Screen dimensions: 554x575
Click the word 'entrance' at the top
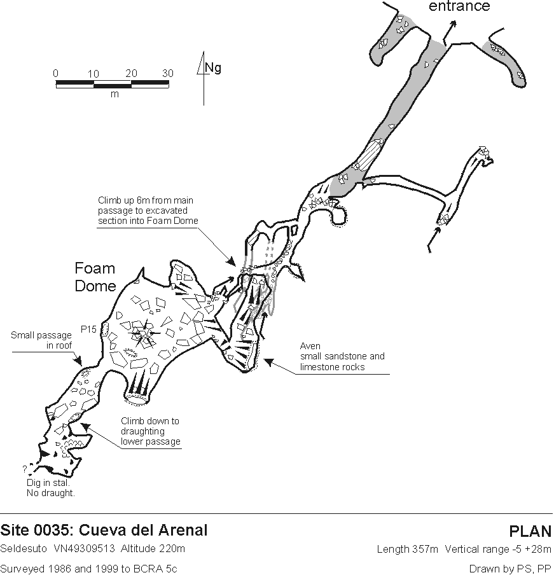[x=459, y=6]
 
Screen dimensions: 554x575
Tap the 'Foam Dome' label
[x=95, y=277]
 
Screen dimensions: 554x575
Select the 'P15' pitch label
[x=88, y=329]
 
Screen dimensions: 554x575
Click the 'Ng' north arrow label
[x=213, y=67]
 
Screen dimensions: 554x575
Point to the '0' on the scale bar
[x=55, y=73]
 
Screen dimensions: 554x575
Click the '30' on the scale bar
[x=167, y=73]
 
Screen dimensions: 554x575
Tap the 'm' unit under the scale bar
[x=114, y=94]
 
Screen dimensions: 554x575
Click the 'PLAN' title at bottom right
[x=530, y=531]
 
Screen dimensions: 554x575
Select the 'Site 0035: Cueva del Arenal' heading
[x=104, y=530]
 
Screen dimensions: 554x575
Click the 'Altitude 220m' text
[x=153, y=548]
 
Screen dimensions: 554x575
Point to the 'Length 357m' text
[x=407, y=549]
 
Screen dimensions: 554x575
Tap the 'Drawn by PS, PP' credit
[x=510, y=569]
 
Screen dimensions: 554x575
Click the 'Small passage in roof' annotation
[x=41, y=340]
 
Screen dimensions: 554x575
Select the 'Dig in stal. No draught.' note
[x=51, y=488]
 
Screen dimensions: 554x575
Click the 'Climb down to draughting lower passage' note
[x=151, y=431]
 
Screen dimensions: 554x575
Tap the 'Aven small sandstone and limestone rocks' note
[x=342, y=356]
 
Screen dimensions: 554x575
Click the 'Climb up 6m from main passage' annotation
[x=148, y=211]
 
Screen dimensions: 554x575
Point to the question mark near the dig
[x=25, y=469]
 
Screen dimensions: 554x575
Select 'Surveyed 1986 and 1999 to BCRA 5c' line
[x=88, y=569]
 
